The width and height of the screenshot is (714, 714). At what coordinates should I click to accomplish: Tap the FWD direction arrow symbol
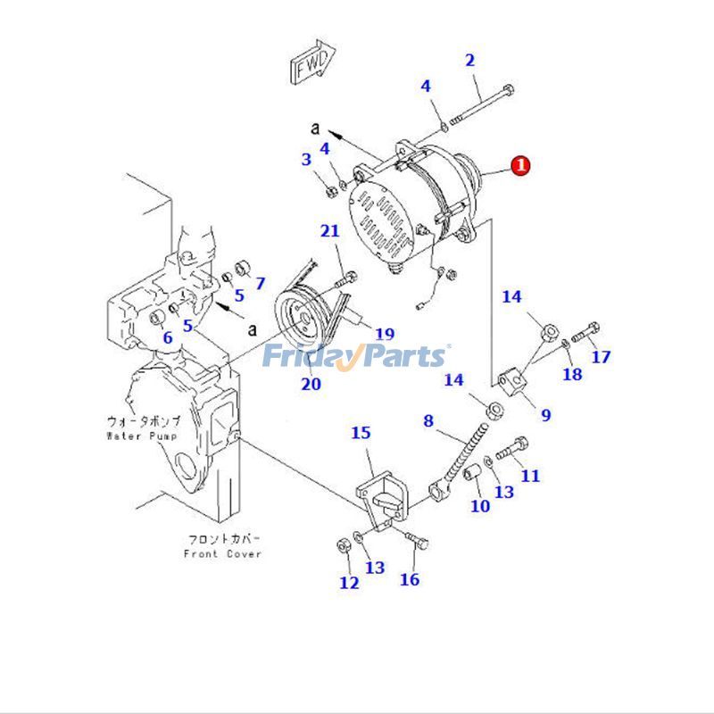click(311, 63)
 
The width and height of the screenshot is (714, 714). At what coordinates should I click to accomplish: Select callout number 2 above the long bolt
click(469, 61)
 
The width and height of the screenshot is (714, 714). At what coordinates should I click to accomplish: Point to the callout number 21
click(330, 232)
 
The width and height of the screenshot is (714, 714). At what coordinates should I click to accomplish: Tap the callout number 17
click(601, 357)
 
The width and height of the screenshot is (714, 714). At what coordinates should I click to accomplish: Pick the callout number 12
click(349, 583)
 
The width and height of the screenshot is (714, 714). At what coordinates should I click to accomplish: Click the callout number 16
click(409, 579)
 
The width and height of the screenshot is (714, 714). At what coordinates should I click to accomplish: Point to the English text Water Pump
click(143, 436)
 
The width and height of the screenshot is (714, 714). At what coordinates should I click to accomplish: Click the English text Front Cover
click(223, 553)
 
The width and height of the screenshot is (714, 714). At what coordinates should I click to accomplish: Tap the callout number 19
click(384, 335)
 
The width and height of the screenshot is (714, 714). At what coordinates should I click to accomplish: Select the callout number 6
click(167, 337)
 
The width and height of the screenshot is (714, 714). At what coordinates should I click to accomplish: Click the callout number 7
click(260, 284)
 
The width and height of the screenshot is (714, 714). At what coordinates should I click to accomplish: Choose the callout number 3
click(306, 160)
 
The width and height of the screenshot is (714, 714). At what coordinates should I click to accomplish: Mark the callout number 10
click(480, 506)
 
